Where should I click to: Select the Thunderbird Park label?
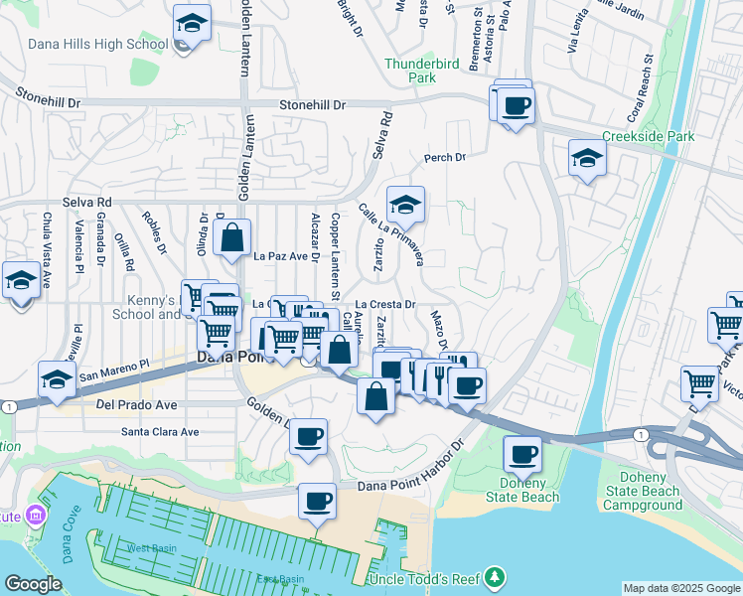click(x=409, y=70)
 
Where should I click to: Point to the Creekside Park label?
click(x=647, y=136)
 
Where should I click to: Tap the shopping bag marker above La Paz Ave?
click(x=231, y=239)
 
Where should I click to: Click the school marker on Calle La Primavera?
click(x=405, y=205)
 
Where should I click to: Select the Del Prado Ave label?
click(x=137, y=405)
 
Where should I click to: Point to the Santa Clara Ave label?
click(x=160, y=432)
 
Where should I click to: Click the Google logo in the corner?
click(x=33, y=584)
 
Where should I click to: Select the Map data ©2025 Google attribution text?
click(x=680, y=588)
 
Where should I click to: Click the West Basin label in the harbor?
click(x=147, y=548)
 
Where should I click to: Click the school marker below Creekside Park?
click(x=587, y=158)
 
